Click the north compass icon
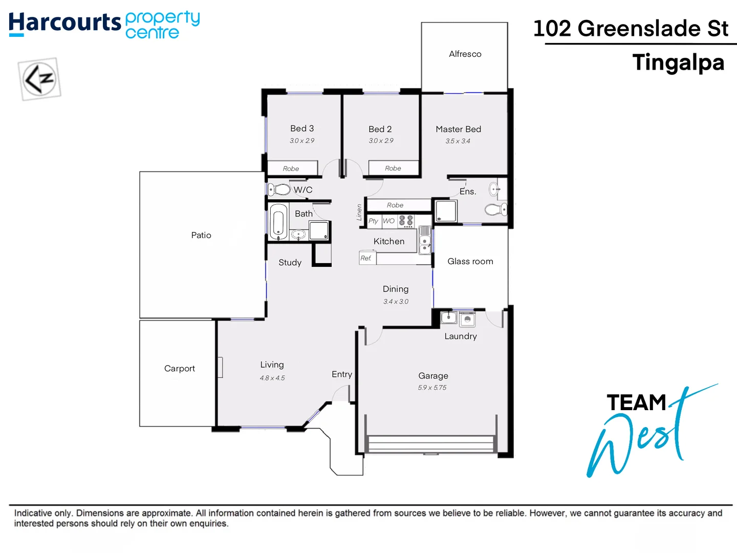39,79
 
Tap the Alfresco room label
465,54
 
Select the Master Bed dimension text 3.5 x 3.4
458,141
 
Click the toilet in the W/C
279,189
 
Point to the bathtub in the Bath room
278,222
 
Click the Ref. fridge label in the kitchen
366,258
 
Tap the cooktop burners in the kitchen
406,221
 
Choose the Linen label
359,212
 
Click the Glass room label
470,261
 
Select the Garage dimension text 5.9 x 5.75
432,388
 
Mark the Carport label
179,368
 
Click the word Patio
201,235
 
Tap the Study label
290,262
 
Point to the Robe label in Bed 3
291,168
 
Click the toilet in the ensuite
495,209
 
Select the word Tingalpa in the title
678,62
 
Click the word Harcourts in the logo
65,23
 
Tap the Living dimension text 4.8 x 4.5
272,378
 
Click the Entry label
341,374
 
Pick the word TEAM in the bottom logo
636,402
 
